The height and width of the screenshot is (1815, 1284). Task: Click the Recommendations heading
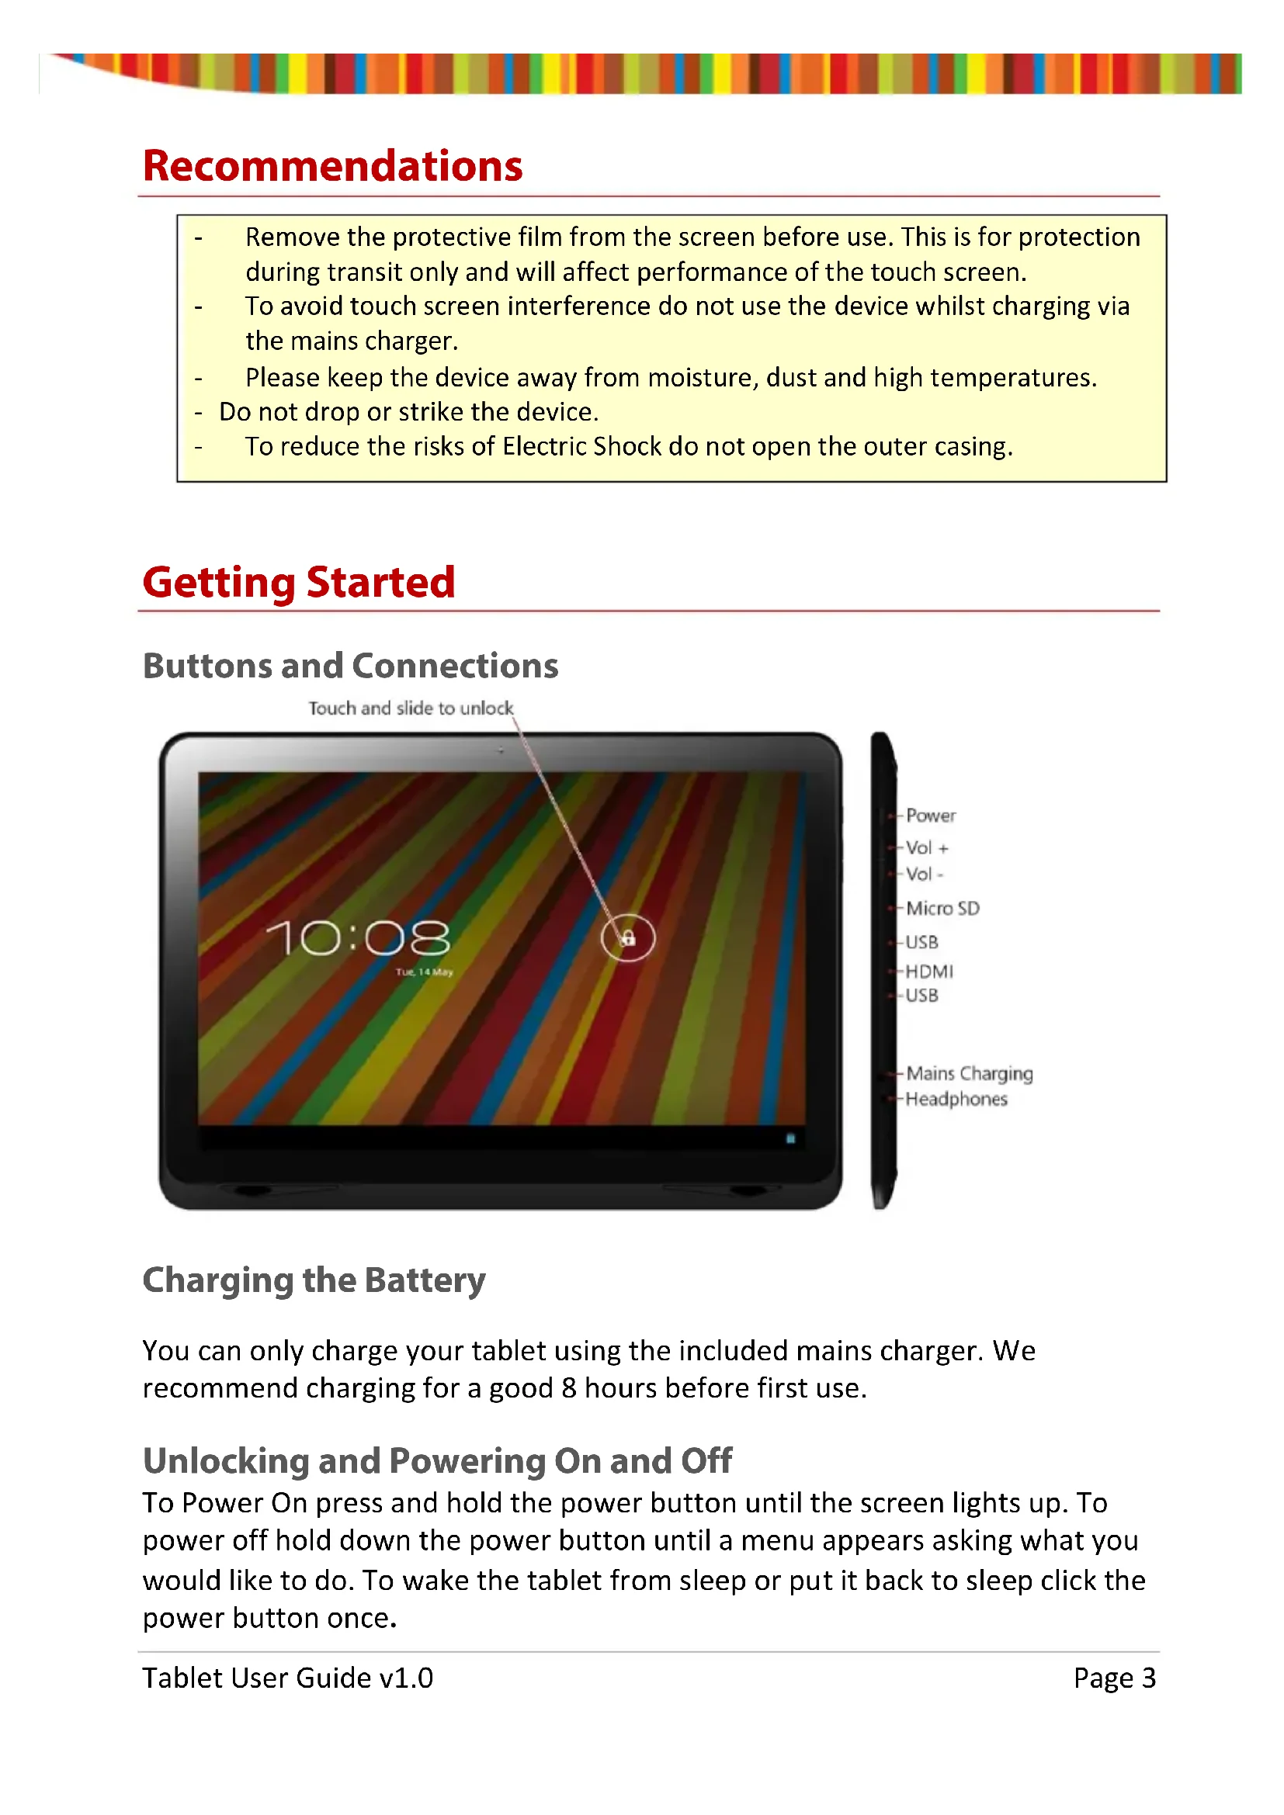(x=332, y=167)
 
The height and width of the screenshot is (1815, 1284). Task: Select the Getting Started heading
(x=299, y=583)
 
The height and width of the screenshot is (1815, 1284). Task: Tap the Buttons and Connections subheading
(x=350, y=666)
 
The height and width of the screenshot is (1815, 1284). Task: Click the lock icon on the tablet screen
(x=629, y=938)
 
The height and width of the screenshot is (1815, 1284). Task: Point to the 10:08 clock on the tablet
(x=358, y=938)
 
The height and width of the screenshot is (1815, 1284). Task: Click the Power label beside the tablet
(x=931, y=816)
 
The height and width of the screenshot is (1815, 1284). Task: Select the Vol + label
(x=927, y=848)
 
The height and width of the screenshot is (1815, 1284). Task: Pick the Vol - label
(x=925, y=875)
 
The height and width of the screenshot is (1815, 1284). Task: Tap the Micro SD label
(x=942, y=909)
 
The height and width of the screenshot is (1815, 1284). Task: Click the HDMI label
(x=929, y=972)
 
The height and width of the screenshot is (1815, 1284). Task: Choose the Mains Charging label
(x=970, y=1073)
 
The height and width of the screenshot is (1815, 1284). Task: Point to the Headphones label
(x=956, y=1100)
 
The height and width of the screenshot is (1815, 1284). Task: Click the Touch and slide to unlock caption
(x=411, y=708)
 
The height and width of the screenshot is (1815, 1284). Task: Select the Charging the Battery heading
(x=314, y=1280)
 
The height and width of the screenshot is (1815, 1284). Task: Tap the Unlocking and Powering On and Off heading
(x=437, y=1461)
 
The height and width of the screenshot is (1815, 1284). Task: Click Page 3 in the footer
(x=1114, y=1678)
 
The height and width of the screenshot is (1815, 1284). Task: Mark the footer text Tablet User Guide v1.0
(x=288, y=1678)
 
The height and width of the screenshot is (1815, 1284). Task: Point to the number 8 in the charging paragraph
(x=568, y=1388)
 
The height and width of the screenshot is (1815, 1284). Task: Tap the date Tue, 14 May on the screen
(x=425, y=972)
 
